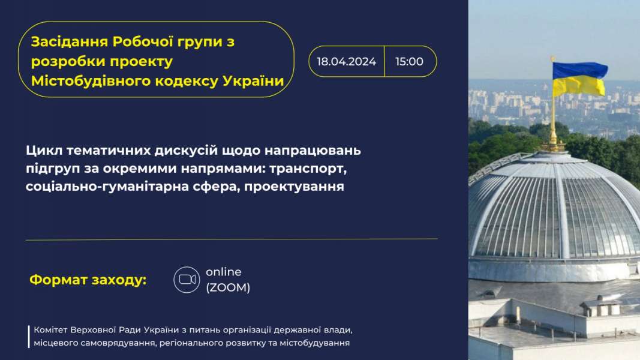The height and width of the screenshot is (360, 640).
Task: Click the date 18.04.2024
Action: point(346,62)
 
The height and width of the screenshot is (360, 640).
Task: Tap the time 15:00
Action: point(410,62)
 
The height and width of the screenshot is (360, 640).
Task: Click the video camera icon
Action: point(187,280)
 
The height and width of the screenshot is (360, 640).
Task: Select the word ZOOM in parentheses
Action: point(228,287)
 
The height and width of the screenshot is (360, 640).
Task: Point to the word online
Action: point(224,272)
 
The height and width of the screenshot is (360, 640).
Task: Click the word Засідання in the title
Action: point(70,41)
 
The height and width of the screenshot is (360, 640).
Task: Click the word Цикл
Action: point(44,151)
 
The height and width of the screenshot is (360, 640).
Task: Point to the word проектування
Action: point(295,187)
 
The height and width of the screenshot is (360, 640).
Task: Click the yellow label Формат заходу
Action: point(88,280)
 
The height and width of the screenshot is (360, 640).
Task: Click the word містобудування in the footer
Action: point(315,343)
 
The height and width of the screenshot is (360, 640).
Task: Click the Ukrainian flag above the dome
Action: point(579,79)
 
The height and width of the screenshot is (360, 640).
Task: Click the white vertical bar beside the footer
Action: point(29,337)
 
